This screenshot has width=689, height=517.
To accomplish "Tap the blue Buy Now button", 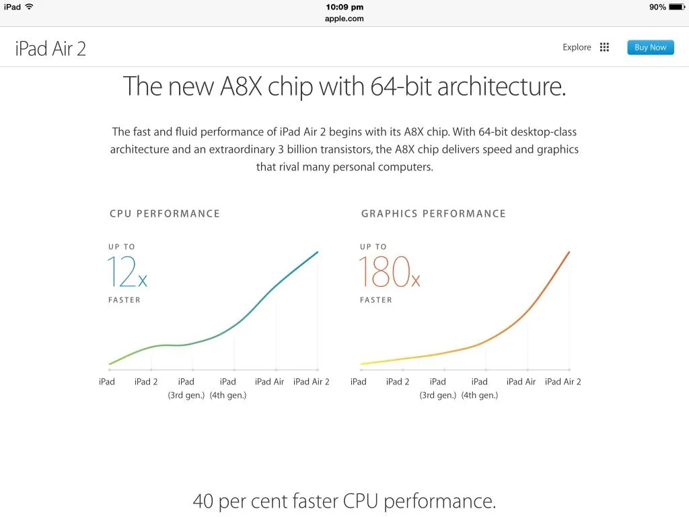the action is pos(651,48).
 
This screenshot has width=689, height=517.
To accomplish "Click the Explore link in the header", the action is pos(577,48).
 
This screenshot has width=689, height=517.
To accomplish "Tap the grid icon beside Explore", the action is pos(605,47).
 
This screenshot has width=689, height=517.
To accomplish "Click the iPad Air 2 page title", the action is pos(50,48).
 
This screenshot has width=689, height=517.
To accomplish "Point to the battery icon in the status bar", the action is pos(677,7).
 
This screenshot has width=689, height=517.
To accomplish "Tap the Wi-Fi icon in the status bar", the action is pos(30,7).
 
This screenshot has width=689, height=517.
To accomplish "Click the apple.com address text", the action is pos(344,19).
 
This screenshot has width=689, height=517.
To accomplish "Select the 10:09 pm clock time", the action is pos(344,7).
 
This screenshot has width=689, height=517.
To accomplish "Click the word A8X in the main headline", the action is pos(242,85).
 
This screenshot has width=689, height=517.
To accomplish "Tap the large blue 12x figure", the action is pos(127,272).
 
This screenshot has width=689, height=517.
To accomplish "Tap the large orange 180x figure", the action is pos(390,272).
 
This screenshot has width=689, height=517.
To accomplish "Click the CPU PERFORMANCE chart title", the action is pos(165,213).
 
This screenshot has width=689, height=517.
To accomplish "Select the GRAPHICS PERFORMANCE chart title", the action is pos(434,213).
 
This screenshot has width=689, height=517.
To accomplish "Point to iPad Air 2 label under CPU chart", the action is pos(312,382).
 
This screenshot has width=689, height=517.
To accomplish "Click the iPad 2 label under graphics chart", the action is pos(398,382).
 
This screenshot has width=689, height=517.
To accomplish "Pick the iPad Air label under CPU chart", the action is pos(269,382).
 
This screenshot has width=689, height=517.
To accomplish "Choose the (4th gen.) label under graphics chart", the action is pos(480,395).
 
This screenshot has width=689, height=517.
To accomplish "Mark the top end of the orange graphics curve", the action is pos(569,252).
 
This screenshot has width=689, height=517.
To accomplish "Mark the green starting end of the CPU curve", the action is pos(110,364).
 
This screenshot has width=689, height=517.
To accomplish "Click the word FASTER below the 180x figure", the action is pos(375,300).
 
